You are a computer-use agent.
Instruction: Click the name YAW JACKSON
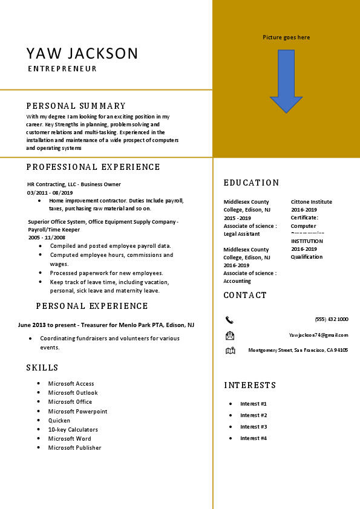click(82, 53)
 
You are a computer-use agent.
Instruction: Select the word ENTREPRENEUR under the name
click(62, 69)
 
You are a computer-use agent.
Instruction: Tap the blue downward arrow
click(286, 82)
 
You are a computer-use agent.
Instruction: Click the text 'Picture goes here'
click(286, 37)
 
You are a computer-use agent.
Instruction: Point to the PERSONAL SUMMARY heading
click(76, 106)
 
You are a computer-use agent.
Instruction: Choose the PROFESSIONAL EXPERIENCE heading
click(93, 167)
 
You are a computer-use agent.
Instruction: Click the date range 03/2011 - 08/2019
click(50, 192)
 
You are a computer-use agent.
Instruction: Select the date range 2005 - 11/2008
click(47, 238)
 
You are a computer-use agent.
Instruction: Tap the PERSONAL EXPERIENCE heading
click(92, 306)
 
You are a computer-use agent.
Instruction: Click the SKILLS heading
click(42, 368)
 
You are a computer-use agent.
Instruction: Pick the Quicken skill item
click(59, 420)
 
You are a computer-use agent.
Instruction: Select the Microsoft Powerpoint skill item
click(77, 411)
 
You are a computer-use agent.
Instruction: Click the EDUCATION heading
click(252, 183)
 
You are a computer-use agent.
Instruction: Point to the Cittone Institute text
click(311, 202)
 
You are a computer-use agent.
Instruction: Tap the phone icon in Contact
click(229, 320)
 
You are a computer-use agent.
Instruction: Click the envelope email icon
click(229, 336)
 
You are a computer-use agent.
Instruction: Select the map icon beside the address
click(230, 351)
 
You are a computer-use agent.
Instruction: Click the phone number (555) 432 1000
click(332, 319)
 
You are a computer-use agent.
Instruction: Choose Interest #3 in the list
click(254, 427)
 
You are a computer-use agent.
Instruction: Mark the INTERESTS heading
click(250, 385)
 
